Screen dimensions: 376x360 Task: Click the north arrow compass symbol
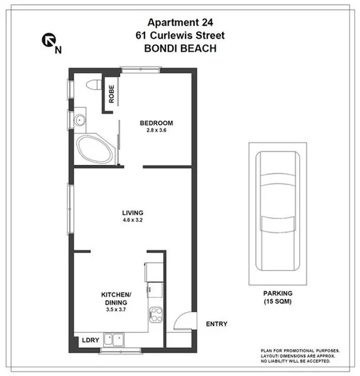tap(49, 42)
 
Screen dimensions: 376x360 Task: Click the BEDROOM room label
tap(156, 123)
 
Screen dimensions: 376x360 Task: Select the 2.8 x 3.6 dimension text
tap(156, 131)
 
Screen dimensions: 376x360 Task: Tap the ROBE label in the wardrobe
tap(112, 96)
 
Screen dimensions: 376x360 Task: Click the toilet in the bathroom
tap(91, 84)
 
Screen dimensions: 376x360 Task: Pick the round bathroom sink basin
tap(79, 120)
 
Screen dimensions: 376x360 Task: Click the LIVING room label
tap(133, 213)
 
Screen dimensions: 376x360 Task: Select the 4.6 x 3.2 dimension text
tap(133, 221)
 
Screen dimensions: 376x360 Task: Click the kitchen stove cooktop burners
tap(155, 313)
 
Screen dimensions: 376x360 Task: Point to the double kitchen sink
tap(120, 339)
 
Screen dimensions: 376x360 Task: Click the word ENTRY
tap(217, 324)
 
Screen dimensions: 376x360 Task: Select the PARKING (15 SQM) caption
tap(278, 298)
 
